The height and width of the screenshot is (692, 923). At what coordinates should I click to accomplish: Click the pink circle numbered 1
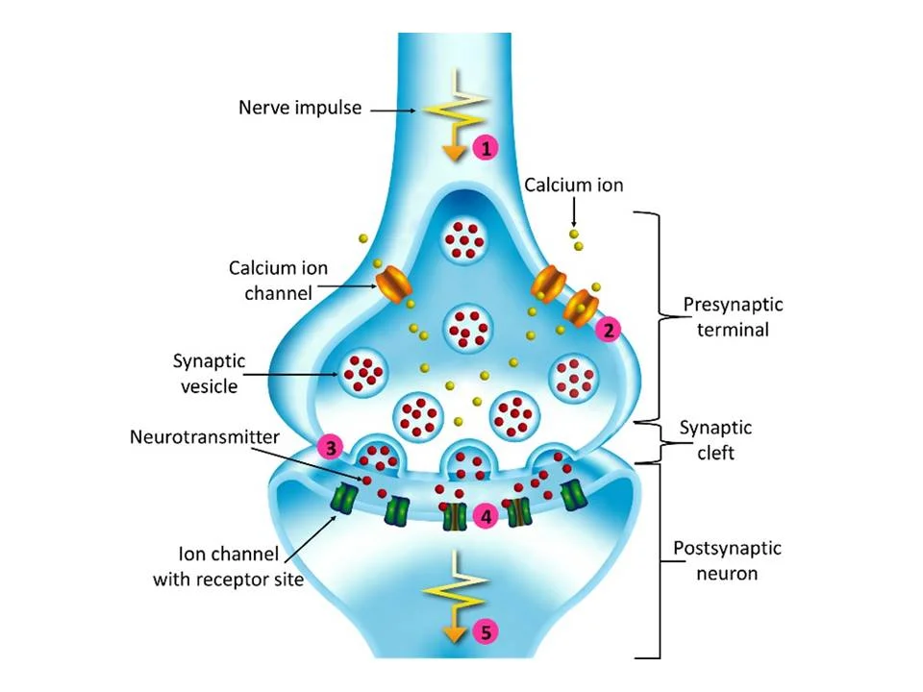[x=487, y=148]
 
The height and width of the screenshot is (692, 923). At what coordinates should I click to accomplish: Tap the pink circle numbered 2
[x=608, y=330]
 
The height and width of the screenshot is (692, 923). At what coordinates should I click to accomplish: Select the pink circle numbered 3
[x=331, y=448]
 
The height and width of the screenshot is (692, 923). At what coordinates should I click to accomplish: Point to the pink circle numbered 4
[x=487, y=517]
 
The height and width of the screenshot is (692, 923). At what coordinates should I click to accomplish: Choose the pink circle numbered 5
[x=487, y=631]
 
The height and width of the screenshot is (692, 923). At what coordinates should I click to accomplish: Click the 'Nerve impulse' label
[x=300, y=108]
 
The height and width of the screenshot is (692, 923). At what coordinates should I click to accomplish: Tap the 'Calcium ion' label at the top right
[x=574, y=185]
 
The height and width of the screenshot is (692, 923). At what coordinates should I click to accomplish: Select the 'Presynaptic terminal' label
[x=733, y=316]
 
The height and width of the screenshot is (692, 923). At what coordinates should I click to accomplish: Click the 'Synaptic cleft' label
[x=715, y=438]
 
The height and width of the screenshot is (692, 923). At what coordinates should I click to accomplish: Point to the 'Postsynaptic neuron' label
[x=727, y=561]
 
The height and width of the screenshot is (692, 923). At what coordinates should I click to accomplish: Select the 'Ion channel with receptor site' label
[x=229, y=566]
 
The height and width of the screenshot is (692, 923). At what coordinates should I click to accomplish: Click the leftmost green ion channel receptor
[x=344, y=499]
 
